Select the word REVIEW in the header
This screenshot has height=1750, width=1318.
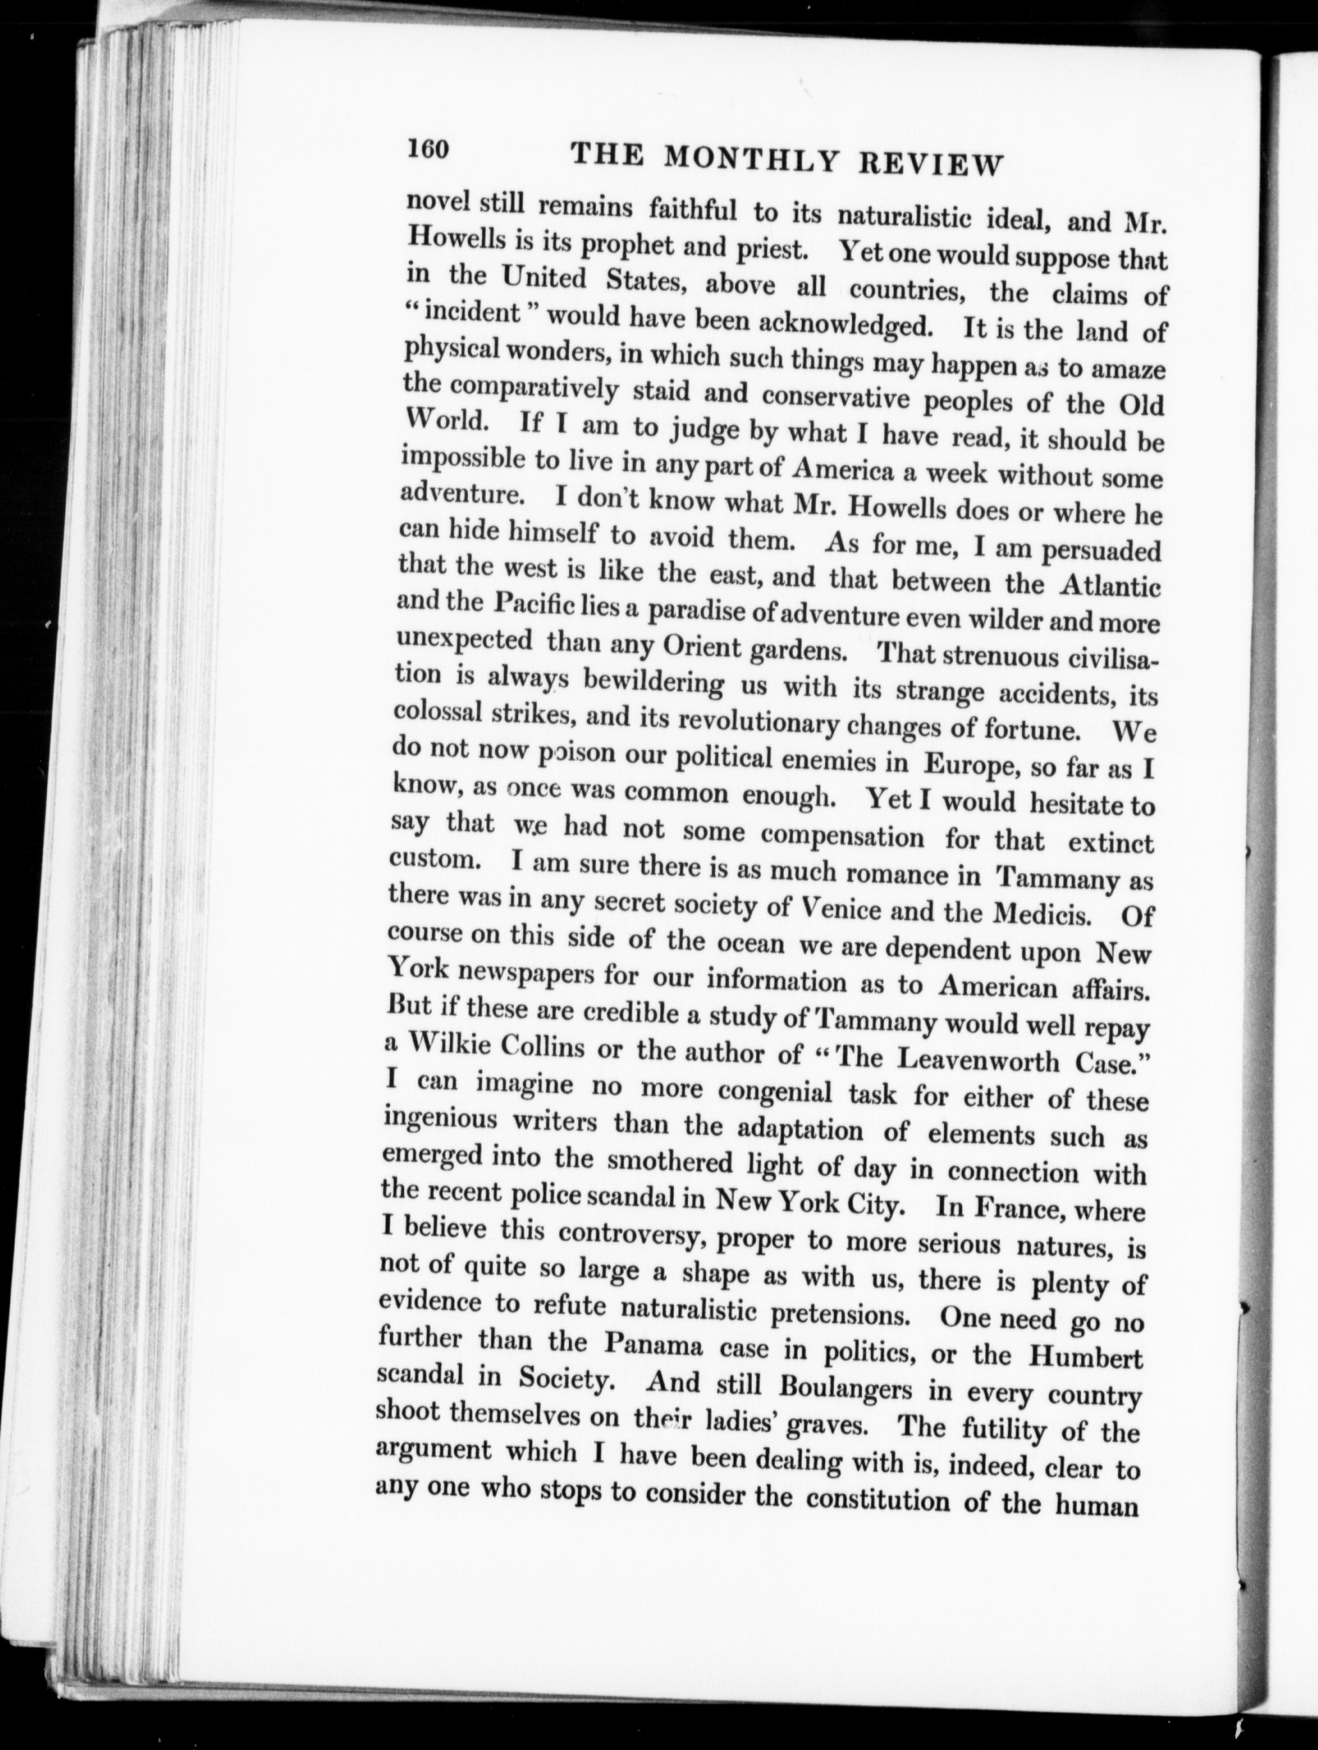coord(931,165)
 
